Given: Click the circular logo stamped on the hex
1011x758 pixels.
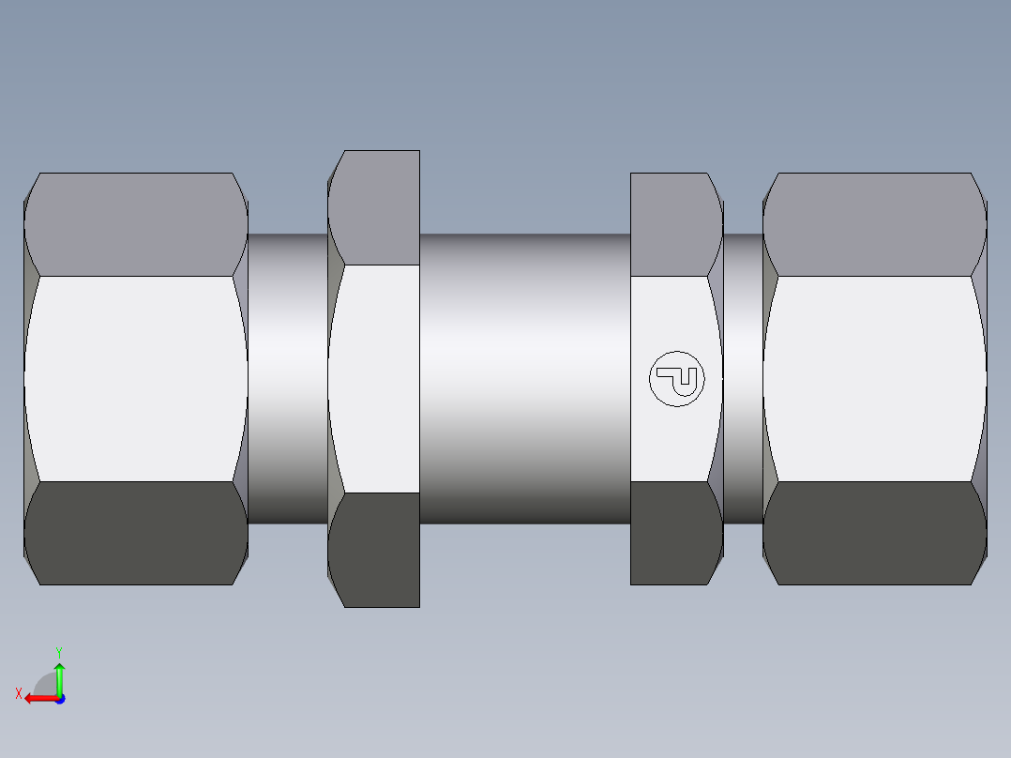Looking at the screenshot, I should pos(676,379).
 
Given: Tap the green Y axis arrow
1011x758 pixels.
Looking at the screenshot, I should pos(59,677).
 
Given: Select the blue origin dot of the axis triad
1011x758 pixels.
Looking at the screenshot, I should pos(59,698).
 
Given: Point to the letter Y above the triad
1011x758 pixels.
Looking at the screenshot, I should pos(58,651).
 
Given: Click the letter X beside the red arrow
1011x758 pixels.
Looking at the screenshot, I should pos(18,693).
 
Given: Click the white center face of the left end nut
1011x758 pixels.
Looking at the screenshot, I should pos(136,379).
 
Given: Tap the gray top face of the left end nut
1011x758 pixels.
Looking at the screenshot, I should pos(136,224).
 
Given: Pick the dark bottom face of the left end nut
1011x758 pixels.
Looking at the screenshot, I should pos(136,533).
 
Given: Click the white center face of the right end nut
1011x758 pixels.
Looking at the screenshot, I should pos(874,379).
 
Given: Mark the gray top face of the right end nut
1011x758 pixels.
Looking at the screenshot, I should pos(874,224).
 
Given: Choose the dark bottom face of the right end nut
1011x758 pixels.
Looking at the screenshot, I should pos(874,533).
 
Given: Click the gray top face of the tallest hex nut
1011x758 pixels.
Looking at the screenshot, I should pos(375,207).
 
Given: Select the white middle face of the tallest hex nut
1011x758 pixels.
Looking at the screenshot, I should pos(375,379).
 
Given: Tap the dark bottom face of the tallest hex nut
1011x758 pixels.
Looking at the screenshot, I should pos(375,549).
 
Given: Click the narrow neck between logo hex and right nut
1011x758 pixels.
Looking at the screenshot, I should pos(743,379).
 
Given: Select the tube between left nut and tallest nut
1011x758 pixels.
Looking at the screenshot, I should pos(287,379).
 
